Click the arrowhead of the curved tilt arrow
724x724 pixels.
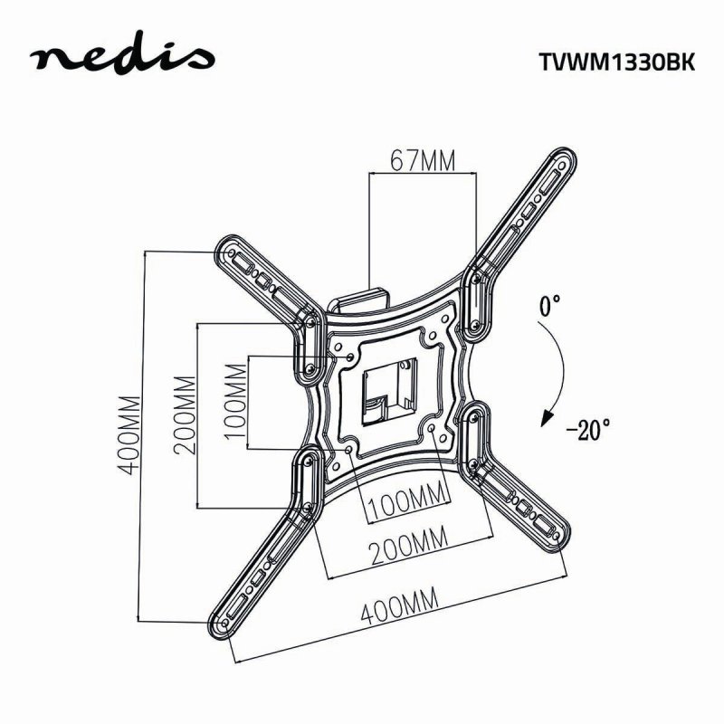pyautogui.click(x=546, y=419)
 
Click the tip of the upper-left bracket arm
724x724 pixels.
pyautogui.click(x=224, y=248)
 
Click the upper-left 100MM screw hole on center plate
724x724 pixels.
pyautogui.click(x=352, y=357)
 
